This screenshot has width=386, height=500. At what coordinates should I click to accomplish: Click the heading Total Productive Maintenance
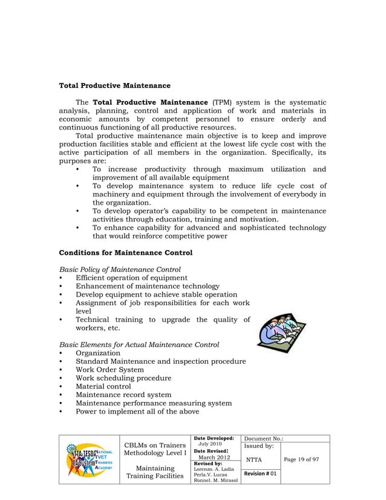tap(114, 85)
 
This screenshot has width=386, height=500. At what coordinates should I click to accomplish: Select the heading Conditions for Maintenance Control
tap(125, 252)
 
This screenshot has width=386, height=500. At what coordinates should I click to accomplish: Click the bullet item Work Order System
tap(110, 369)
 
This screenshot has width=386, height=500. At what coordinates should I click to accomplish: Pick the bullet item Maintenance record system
tap(123, 395)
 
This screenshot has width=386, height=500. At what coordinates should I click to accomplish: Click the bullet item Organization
tap(97, 353)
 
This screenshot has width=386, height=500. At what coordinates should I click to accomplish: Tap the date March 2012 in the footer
tap(214, 457)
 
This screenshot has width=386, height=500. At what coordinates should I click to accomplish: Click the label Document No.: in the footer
tap(264, 438)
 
